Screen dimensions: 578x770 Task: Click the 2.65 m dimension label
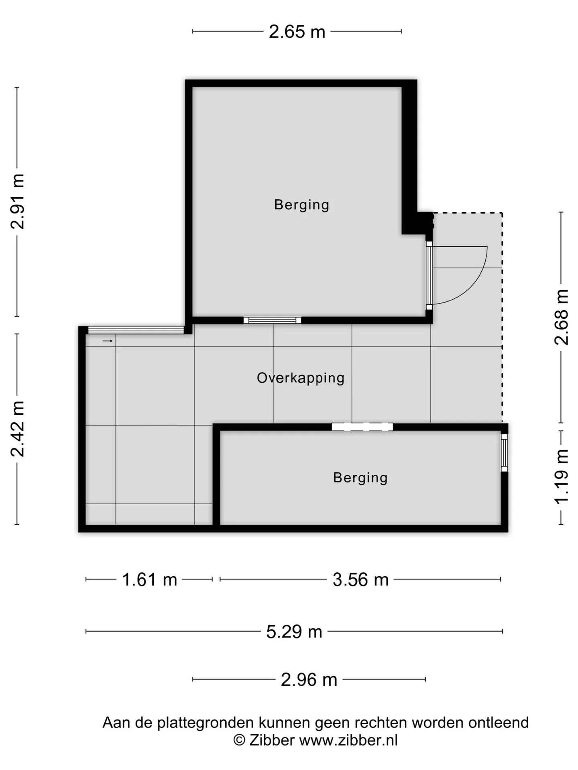[297, 32]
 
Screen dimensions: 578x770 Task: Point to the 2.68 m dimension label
[562, 317]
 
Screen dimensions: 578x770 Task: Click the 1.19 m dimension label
[562, 476]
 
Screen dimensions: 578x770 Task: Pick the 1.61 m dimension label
[149, 580]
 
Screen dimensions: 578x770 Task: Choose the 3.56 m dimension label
[360, 580]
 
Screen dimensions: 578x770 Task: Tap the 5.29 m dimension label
[294, 632]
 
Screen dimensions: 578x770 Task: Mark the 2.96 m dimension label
[309, 680]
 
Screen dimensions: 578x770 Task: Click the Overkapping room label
[301, 378]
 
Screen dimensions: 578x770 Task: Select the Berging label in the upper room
[301, 205]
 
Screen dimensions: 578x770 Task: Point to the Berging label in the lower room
[360, 478]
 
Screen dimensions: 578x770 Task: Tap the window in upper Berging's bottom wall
[272, 320]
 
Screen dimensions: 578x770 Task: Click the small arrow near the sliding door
[108, 341]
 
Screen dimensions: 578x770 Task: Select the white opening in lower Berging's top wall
[362, 427]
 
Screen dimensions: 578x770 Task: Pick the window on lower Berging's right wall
[505, 452]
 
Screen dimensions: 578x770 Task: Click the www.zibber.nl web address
[348, 740]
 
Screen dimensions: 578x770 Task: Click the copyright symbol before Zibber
[239, 740]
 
